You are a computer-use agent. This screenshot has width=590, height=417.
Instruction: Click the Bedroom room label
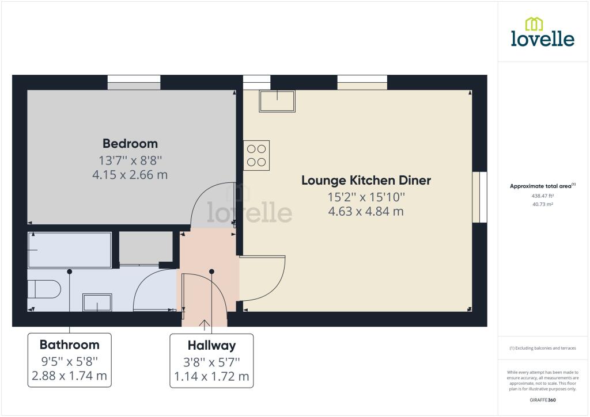[130, 144]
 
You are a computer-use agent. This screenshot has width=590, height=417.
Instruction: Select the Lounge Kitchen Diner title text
[366, 181]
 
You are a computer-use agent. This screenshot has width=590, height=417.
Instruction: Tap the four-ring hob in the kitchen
[256, 155]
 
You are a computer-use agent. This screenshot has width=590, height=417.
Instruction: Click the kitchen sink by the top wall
[277, 101]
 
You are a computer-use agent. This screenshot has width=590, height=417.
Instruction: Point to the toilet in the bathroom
[44, 289]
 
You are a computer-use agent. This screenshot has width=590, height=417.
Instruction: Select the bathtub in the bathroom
[70, 250]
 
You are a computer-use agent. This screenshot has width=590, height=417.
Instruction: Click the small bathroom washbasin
[97, 303]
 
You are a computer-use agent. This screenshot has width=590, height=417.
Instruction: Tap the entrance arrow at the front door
[205, 325]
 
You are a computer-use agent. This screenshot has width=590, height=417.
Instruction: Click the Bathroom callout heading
[70, 345]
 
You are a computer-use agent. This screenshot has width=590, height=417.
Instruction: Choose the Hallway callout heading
[212, 345]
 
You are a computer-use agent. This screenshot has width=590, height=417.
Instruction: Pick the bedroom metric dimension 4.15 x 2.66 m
[130, 175]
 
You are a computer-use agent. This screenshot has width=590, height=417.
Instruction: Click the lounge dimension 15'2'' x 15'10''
[366, 197]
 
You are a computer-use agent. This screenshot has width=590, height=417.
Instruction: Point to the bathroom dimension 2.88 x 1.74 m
[70, 376]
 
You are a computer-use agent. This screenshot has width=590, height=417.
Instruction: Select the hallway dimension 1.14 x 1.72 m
[212, 376]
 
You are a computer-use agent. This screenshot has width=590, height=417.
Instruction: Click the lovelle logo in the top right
[543, 32]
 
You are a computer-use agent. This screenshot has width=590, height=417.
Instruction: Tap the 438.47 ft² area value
[543, 196]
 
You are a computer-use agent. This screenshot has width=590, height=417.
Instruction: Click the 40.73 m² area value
[543, 204]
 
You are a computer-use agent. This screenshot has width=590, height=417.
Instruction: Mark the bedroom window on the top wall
[134, 82]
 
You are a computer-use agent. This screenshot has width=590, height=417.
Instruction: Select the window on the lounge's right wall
[480, 197]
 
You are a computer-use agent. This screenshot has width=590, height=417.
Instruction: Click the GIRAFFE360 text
[543, 400]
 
